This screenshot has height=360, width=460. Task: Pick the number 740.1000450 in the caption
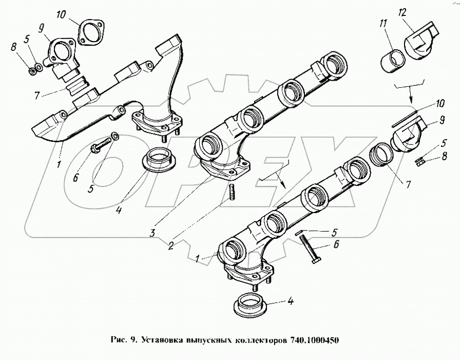click(315, 340)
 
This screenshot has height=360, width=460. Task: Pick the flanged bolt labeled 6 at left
click(101, 144)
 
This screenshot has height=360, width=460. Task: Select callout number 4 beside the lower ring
click(290, 302)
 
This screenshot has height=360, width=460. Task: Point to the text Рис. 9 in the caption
click(124, 340)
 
